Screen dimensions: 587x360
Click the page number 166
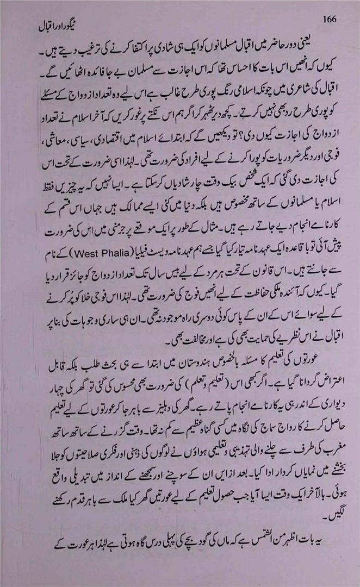point(330,19)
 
